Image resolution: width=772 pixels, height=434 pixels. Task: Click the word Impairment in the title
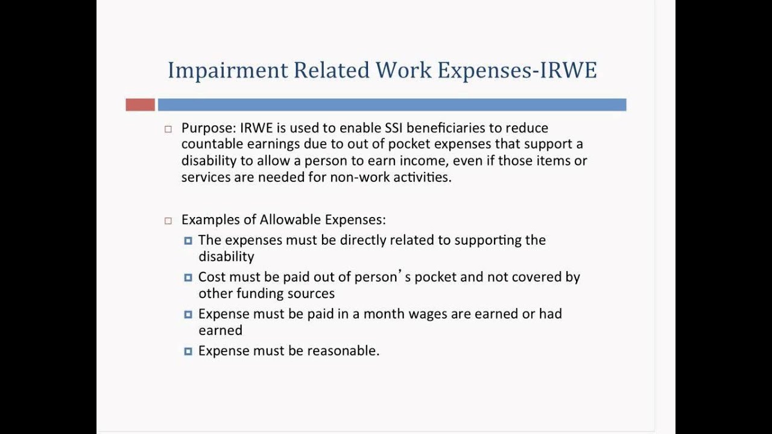pos(228,71)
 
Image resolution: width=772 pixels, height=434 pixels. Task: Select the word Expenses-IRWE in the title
pos(517,71)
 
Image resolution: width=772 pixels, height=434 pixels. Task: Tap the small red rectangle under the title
pos(140,105)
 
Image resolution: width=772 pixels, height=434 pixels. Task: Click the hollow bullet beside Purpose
pos(168,129)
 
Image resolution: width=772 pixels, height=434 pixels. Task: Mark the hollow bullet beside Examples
pos(168,221)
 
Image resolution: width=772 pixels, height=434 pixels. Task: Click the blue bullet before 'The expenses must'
pos(188,241)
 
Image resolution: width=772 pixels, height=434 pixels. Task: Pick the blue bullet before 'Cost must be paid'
pos(188,277)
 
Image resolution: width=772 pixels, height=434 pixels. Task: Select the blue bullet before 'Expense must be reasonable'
pos(188,351)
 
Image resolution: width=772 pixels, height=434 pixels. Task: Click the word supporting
pos(488,241)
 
